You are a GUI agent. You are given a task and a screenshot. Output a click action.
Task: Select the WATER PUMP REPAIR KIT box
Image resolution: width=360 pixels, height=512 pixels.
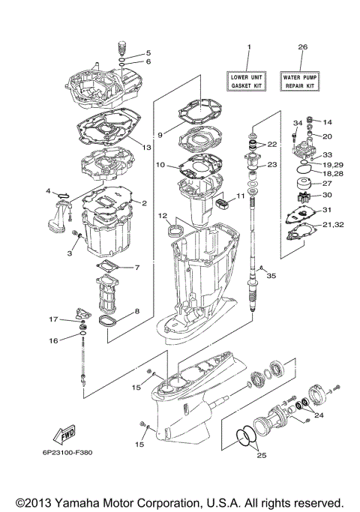[x=302, y=81]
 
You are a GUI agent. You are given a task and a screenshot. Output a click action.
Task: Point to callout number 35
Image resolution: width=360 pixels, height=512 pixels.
[x=271, y=276]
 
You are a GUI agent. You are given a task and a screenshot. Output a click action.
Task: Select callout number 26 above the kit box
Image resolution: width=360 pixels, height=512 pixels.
[x=302, y=47]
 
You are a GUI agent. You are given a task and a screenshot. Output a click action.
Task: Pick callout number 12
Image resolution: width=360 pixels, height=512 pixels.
[x=161, y=215]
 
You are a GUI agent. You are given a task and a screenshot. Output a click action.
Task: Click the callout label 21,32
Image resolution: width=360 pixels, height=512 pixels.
[x=334, y=224]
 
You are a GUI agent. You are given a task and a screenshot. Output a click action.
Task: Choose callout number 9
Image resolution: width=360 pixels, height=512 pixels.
[x=159, y=135]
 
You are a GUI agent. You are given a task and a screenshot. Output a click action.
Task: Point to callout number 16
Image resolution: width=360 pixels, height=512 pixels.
[x=53, y=340]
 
